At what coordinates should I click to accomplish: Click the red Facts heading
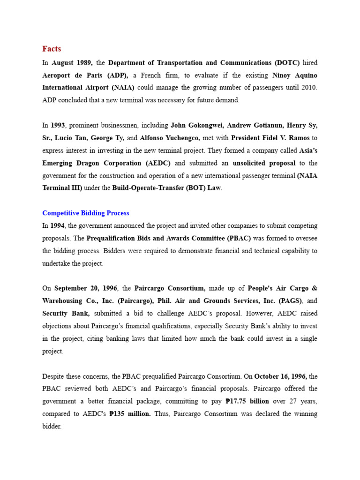(x=52, y=49)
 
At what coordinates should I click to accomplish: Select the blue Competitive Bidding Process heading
(x=86, y=213)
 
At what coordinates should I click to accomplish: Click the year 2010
(x=308, y=87)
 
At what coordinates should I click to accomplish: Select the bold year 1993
(x=57, y=125)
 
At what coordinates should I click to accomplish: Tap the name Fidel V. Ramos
(x=285, y=138)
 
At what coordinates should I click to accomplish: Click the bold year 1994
(x=57, y=225)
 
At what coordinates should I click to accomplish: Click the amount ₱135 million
(x=130, y=414)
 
